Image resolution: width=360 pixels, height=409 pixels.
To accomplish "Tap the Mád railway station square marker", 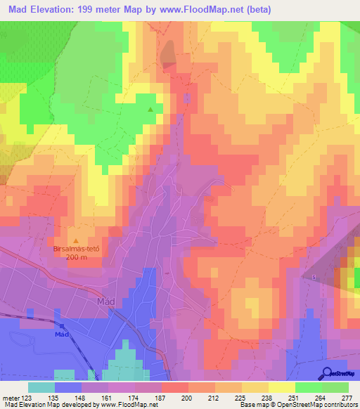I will pos(62,326).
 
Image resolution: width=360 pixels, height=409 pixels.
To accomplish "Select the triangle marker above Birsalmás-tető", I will pos(76,240).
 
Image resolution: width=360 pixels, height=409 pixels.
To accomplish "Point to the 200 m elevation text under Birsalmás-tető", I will pos(76,257).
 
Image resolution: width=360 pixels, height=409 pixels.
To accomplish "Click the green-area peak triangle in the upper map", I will pos(150,110).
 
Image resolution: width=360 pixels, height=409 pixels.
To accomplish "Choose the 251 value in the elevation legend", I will pos(282,397).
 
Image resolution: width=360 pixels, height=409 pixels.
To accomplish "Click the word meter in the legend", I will pos(10,397).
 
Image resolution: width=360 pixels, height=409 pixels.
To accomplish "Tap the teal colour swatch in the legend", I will pos(41,387).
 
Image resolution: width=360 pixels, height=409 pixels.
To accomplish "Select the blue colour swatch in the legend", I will pos(68,387).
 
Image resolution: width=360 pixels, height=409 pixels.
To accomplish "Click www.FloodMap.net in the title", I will pos(202,10).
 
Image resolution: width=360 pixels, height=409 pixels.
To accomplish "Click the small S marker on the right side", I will pos(314,277).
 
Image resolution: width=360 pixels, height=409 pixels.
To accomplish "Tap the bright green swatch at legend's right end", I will pos(335,387).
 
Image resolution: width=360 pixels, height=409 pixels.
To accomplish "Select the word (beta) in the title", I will pos(257,10).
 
